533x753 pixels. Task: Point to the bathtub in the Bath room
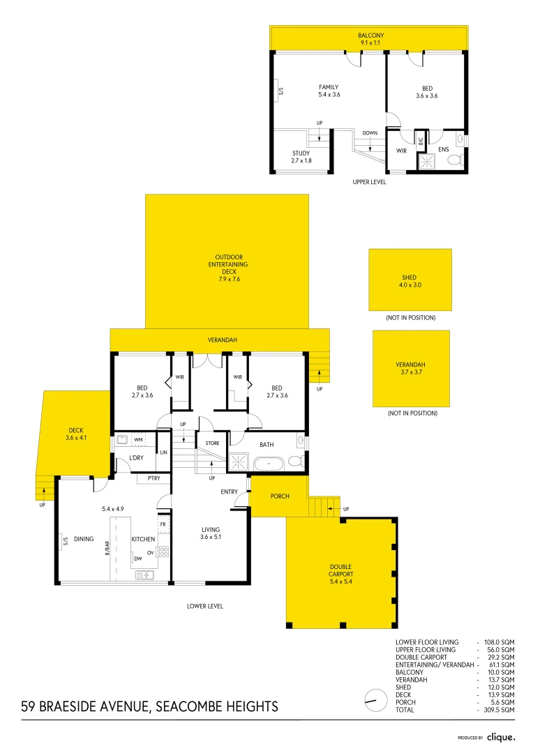coord(269,463)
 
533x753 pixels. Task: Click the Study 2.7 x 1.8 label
coord(301,157)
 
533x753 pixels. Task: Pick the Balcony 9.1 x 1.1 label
coord(370,38)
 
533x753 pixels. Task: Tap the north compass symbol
coord(375,699)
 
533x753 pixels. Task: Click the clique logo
coord(500,736)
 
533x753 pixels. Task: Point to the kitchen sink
coord(144,575)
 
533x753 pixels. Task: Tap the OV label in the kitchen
coord(150,552)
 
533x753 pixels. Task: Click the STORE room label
coord(212,443)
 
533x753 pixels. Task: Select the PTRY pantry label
coord(154,478)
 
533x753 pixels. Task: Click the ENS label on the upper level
coord(444,149)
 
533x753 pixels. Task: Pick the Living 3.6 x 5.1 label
coord(210,533)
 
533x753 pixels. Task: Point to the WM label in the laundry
coord(138,439)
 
